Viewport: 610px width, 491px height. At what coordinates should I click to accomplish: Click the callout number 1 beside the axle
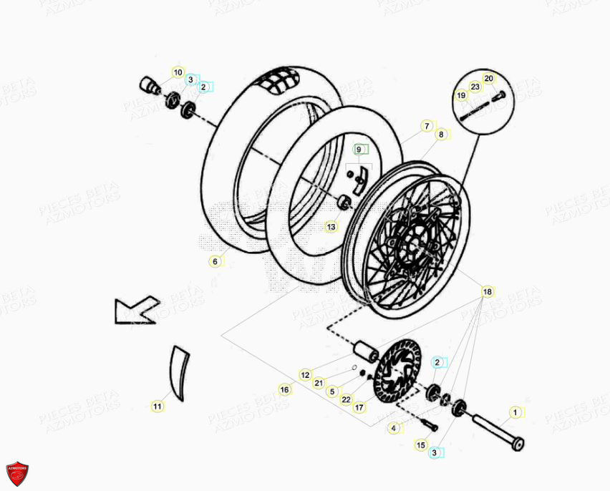click(513, 412)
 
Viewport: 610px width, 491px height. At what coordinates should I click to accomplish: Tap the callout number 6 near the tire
click(213, 261)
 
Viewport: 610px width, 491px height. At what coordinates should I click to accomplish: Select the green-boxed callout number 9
click(360, 150)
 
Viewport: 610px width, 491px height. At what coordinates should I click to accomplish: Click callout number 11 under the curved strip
click(158, 407)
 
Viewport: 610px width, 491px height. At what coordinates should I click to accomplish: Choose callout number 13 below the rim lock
click(331, 227)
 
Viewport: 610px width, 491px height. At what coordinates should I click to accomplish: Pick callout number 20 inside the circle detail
click(489, 78)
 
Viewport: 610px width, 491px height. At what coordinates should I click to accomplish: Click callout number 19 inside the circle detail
click(461, 95)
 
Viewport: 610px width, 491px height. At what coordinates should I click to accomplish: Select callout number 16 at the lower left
click(284, 389)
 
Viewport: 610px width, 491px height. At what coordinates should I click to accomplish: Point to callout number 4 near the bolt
click(392, 428)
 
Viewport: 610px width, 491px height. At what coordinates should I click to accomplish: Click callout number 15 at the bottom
click(421, 445)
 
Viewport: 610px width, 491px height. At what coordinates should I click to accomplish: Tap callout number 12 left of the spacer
click(305, 374)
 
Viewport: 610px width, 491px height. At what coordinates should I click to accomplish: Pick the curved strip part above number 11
click(179, 369)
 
